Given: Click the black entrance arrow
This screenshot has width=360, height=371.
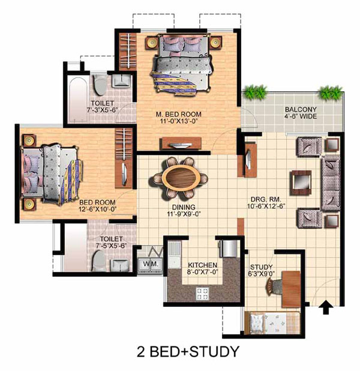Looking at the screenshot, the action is coord(326,307).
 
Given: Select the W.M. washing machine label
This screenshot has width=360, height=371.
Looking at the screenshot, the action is coord(150,264).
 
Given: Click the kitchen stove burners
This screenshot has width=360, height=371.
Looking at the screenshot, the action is coord(202,294).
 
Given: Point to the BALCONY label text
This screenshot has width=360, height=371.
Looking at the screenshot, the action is coord(301,109).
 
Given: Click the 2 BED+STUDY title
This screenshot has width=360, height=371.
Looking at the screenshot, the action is coord(188,351).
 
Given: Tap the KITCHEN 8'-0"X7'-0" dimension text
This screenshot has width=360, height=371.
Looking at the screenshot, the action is coord(202,272).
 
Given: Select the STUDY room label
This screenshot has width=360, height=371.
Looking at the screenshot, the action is coord(262,267).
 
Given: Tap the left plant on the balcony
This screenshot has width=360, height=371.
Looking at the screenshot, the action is coord(256,92).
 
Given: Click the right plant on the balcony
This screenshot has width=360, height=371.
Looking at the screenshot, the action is coord(331,92).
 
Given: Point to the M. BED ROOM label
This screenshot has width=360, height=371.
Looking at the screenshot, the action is coord(179,114).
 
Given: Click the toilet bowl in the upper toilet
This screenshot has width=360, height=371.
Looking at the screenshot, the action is coord(100,85).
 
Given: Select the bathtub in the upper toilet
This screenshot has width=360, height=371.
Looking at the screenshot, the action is coord(77,100).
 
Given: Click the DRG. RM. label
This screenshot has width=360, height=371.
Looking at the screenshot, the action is coord(266,199).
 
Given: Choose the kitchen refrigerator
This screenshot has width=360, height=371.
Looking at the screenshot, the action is coord(228,249).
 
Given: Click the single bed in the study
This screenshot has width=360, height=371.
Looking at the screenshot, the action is coord(272,323).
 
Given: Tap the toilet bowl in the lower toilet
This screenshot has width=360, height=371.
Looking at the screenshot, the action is coord(98,261).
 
